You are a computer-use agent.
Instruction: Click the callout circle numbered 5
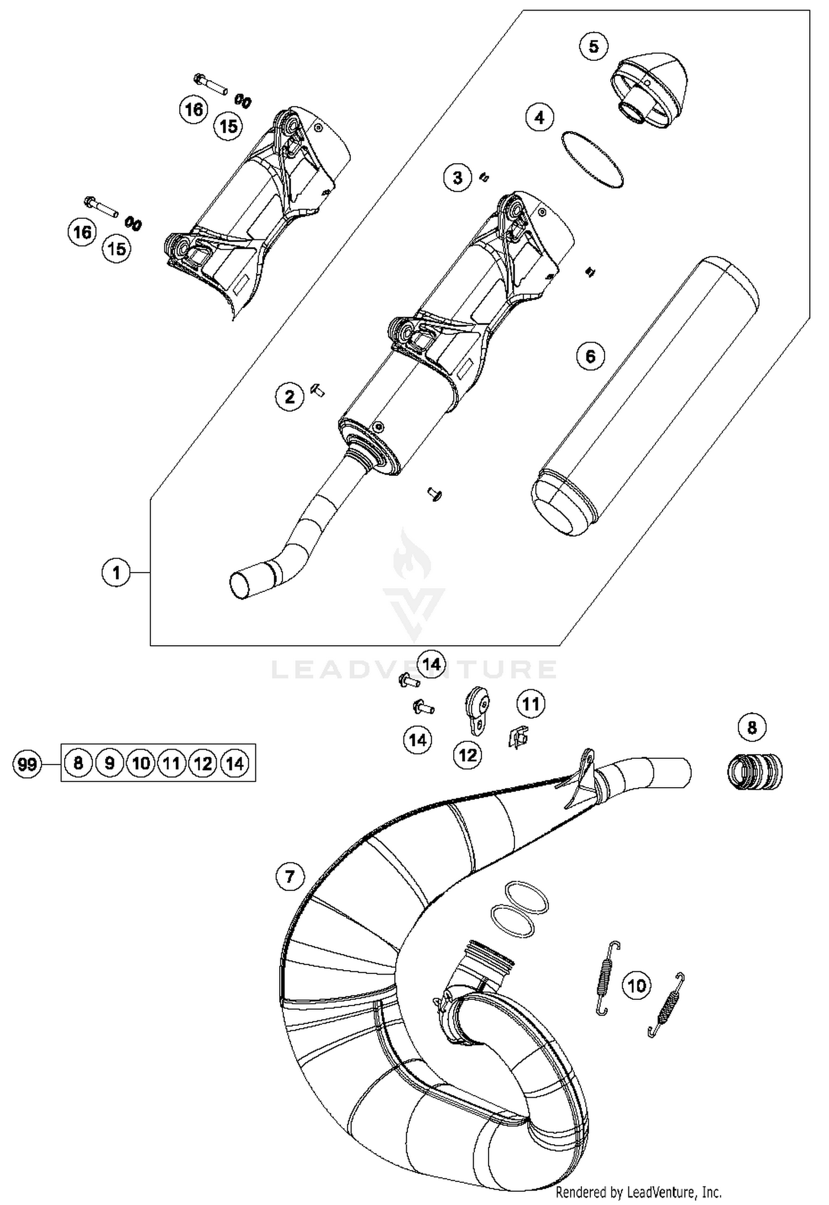(x=594, y=46)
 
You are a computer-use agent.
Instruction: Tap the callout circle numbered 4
(x=539, y=117)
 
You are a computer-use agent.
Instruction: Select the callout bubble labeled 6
(x=590, y=356)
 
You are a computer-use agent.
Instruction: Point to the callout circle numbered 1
(x=116, y=573)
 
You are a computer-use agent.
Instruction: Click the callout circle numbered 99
(x=27, y=764)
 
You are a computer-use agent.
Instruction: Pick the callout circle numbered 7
(x=290, y=876)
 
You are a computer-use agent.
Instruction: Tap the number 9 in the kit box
(x=109, y=763)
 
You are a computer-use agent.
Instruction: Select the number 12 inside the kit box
(x=203, y=763)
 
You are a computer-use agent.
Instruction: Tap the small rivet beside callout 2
(x=319, y=391)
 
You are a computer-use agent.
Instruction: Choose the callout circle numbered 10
(x=637, y=985)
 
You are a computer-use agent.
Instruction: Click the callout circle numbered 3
(x=458, y=178)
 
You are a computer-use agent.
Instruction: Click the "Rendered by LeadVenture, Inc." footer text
(x=638, y=1191)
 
